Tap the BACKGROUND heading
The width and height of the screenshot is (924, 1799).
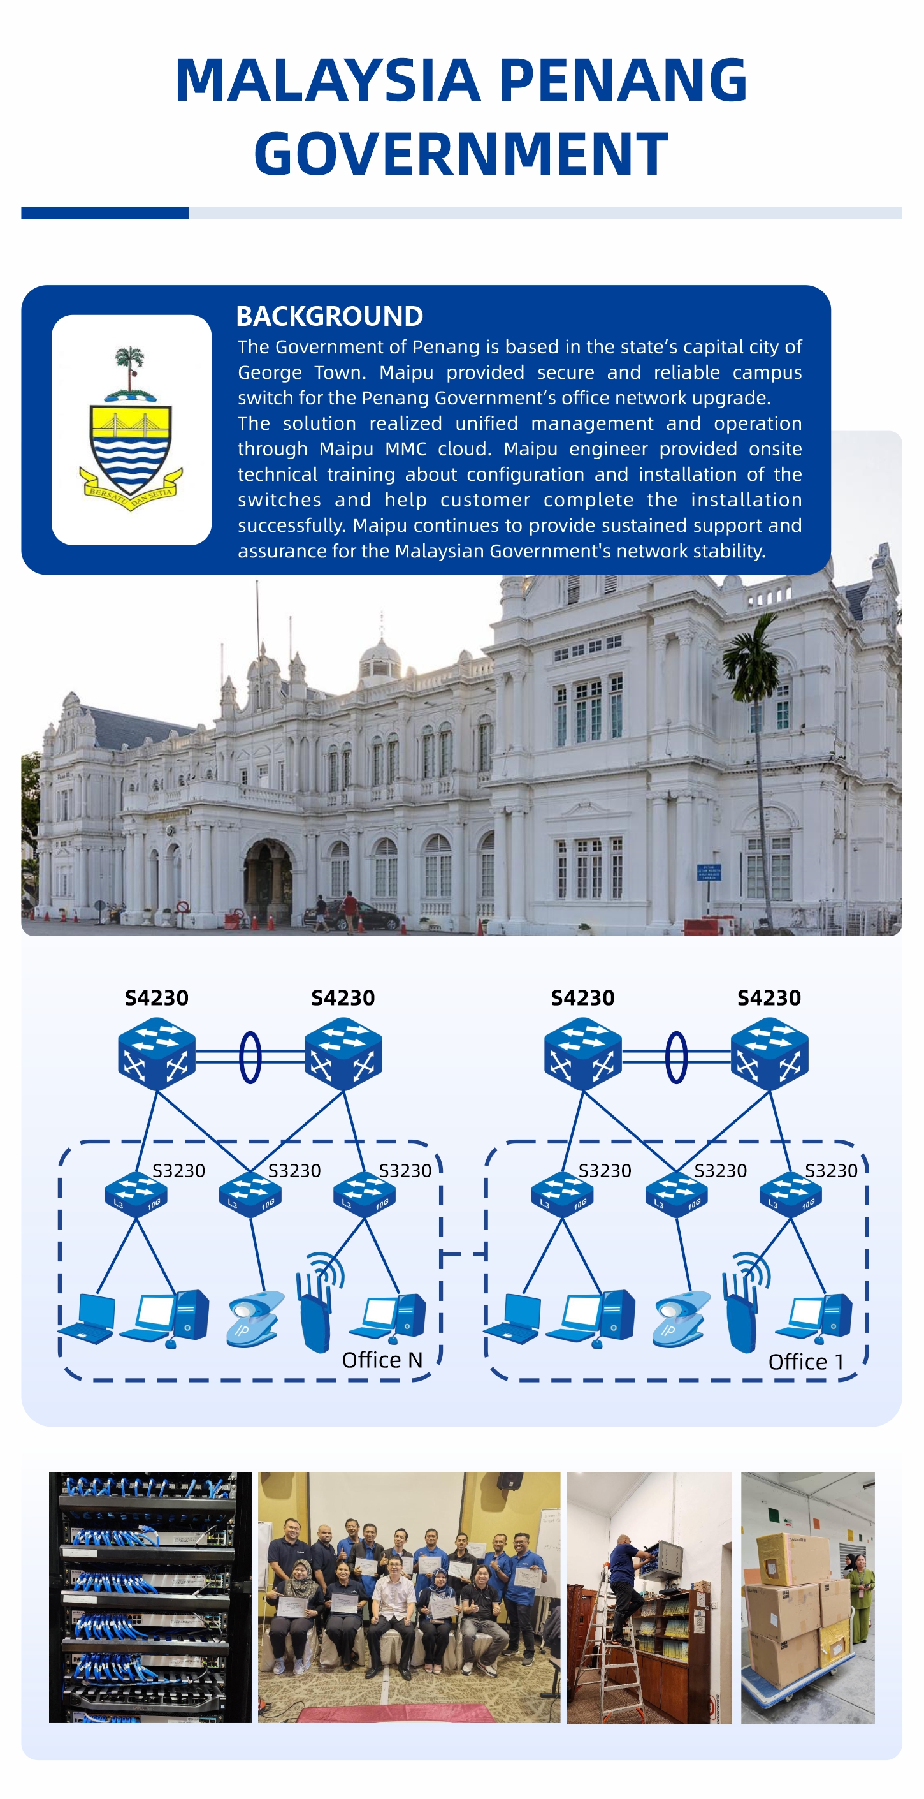pyautogui.click(x=329, y=316)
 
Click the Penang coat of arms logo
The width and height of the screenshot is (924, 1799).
pyautogui.click(x=131, y=429)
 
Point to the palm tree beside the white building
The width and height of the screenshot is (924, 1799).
pyautogui.click(x=753, y=670)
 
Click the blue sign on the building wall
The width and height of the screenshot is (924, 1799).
pyautogui.click(x=709, y=872)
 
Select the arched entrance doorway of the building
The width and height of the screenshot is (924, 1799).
pyautogui.click(x=268, y=883)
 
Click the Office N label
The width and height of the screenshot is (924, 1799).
pyautogui.click(x=382, y=1359)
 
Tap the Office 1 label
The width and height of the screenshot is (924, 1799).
pyautogui.click(x=805, y=1361)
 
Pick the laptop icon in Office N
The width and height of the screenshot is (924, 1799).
pyautogui.click(x=89, y=1319)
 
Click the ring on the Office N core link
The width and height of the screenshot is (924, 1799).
pyautogui.click(x=250, y=1057)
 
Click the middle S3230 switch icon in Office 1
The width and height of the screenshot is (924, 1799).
pyautogui.click(x=675, y=1194)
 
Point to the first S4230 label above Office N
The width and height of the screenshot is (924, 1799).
pyautogui.click(x=156, y=997)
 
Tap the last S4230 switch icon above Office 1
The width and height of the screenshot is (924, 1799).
pyautogui.click(x=769, y=1053)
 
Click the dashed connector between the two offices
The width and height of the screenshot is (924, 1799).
pyautogui.click(x=463, y=1254)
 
